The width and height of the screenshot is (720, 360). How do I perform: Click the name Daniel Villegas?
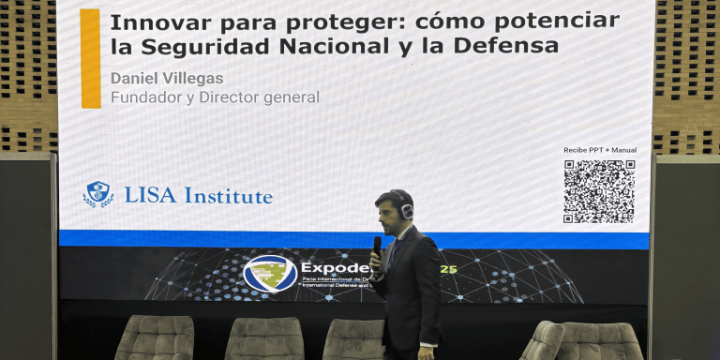tap(167, 78)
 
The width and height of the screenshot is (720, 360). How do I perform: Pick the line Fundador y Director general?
tap(215, 97)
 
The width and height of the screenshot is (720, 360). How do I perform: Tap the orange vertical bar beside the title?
tap(90, 58)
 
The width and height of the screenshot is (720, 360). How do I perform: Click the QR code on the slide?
tap(599, 191)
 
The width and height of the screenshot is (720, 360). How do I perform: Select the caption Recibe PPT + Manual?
tap(599, 150)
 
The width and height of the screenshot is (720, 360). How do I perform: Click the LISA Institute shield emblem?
tap(97, 194)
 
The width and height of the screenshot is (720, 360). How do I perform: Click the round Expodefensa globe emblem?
tap(270, 273)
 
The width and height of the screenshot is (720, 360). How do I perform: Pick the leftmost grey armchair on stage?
tap(155, 338)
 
